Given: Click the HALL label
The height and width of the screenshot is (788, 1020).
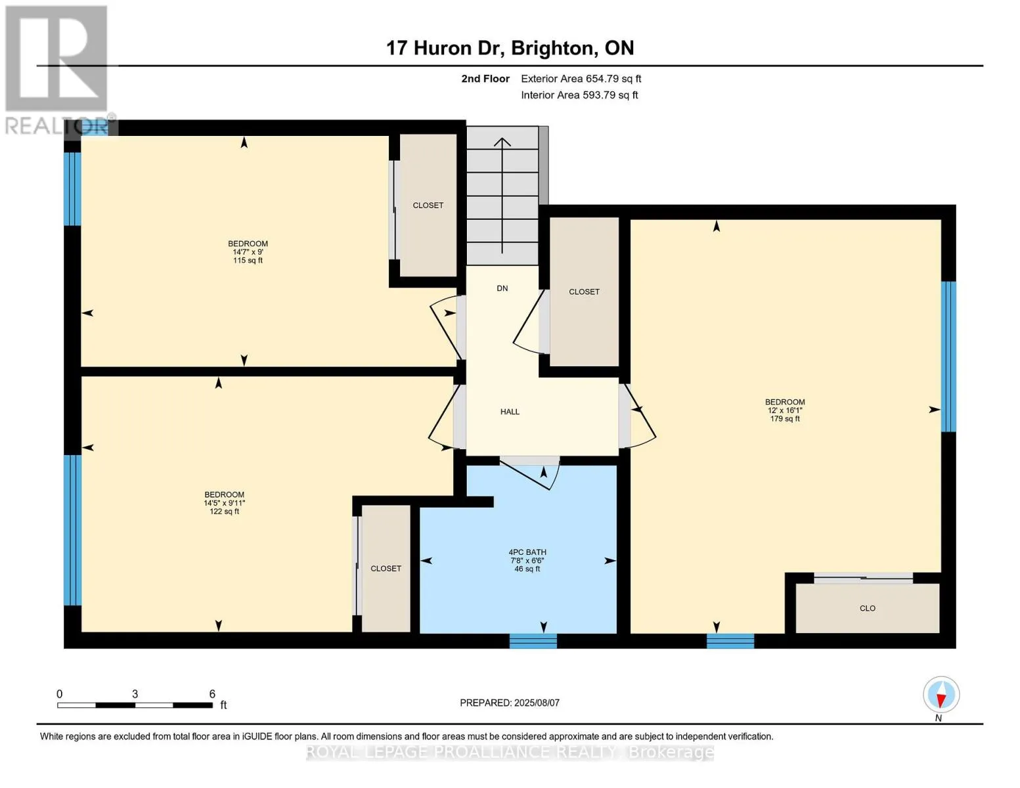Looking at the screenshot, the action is click(509, 412).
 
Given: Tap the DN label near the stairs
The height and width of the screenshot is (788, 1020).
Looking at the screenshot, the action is click(502, 288).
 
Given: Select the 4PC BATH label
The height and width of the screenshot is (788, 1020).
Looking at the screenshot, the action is click(527, 552).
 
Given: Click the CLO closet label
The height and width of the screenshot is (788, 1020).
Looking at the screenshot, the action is click(867, 608).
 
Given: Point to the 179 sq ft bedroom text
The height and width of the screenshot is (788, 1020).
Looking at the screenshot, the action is click(784, 419).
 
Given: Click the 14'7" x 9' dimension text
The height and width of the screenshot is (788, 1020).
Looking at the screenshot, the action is click(248, 252).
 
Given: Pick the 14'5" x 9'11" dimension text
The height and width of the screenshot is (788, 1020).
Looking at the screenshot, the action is click(224, 503).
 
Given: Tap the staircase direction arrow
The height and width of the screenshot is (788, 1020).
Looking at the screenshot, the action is click(502, 195).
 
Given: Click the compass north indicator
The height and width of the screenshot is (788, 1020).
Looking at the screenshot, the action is click(941, 695).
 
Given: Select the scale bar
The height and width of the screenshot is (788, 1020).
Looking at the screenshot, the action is click(135, 705).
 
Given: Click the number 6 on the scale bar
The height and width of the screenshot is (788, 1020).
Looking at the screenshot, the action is click(212, 693).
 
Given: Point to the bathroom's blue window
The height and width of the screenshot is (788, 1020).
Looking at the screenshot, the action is click(533, 641).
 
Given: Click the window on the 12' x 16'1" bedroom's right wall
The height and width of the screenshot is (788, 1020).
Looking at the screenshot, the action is click(948, 356).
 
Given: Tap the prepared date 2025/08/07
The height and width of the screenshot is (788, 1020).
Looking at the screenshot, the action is click(537, 703).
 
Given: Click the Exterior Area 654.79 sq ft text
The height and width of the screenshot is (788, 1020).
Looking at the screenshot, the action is click(581, 79).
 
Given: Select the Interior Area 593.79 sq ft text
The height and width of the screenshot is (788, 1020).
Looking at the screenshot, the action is click(579, 95).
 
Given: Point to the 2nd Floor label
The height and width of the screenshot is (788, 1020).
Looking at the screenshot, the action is click(485, 79).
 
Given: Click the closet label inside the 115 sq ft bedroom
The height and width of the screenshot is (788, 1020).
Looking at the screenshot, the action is click(428, 205).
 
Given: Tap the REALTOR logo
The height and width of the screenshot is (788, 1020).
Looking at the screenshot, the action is click(57, 70).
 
